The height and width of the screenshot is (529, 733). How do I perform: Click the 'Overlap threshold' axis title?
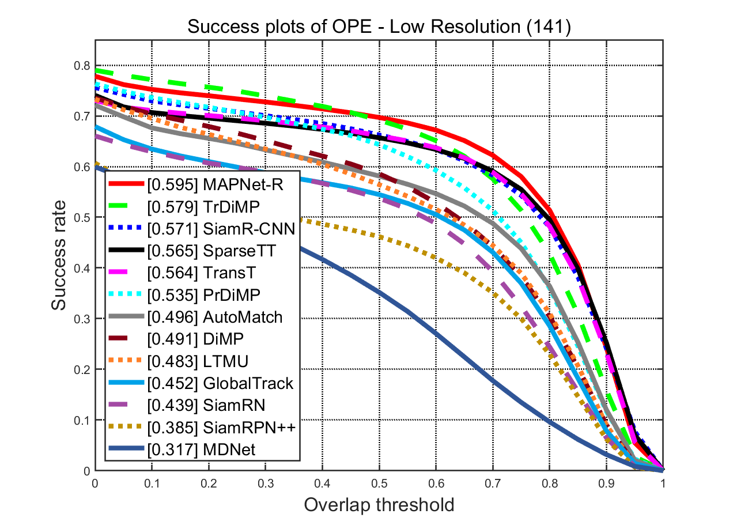(379, 505)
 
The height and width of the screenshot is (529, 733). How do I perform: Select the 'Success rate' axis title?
(60, 255)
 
